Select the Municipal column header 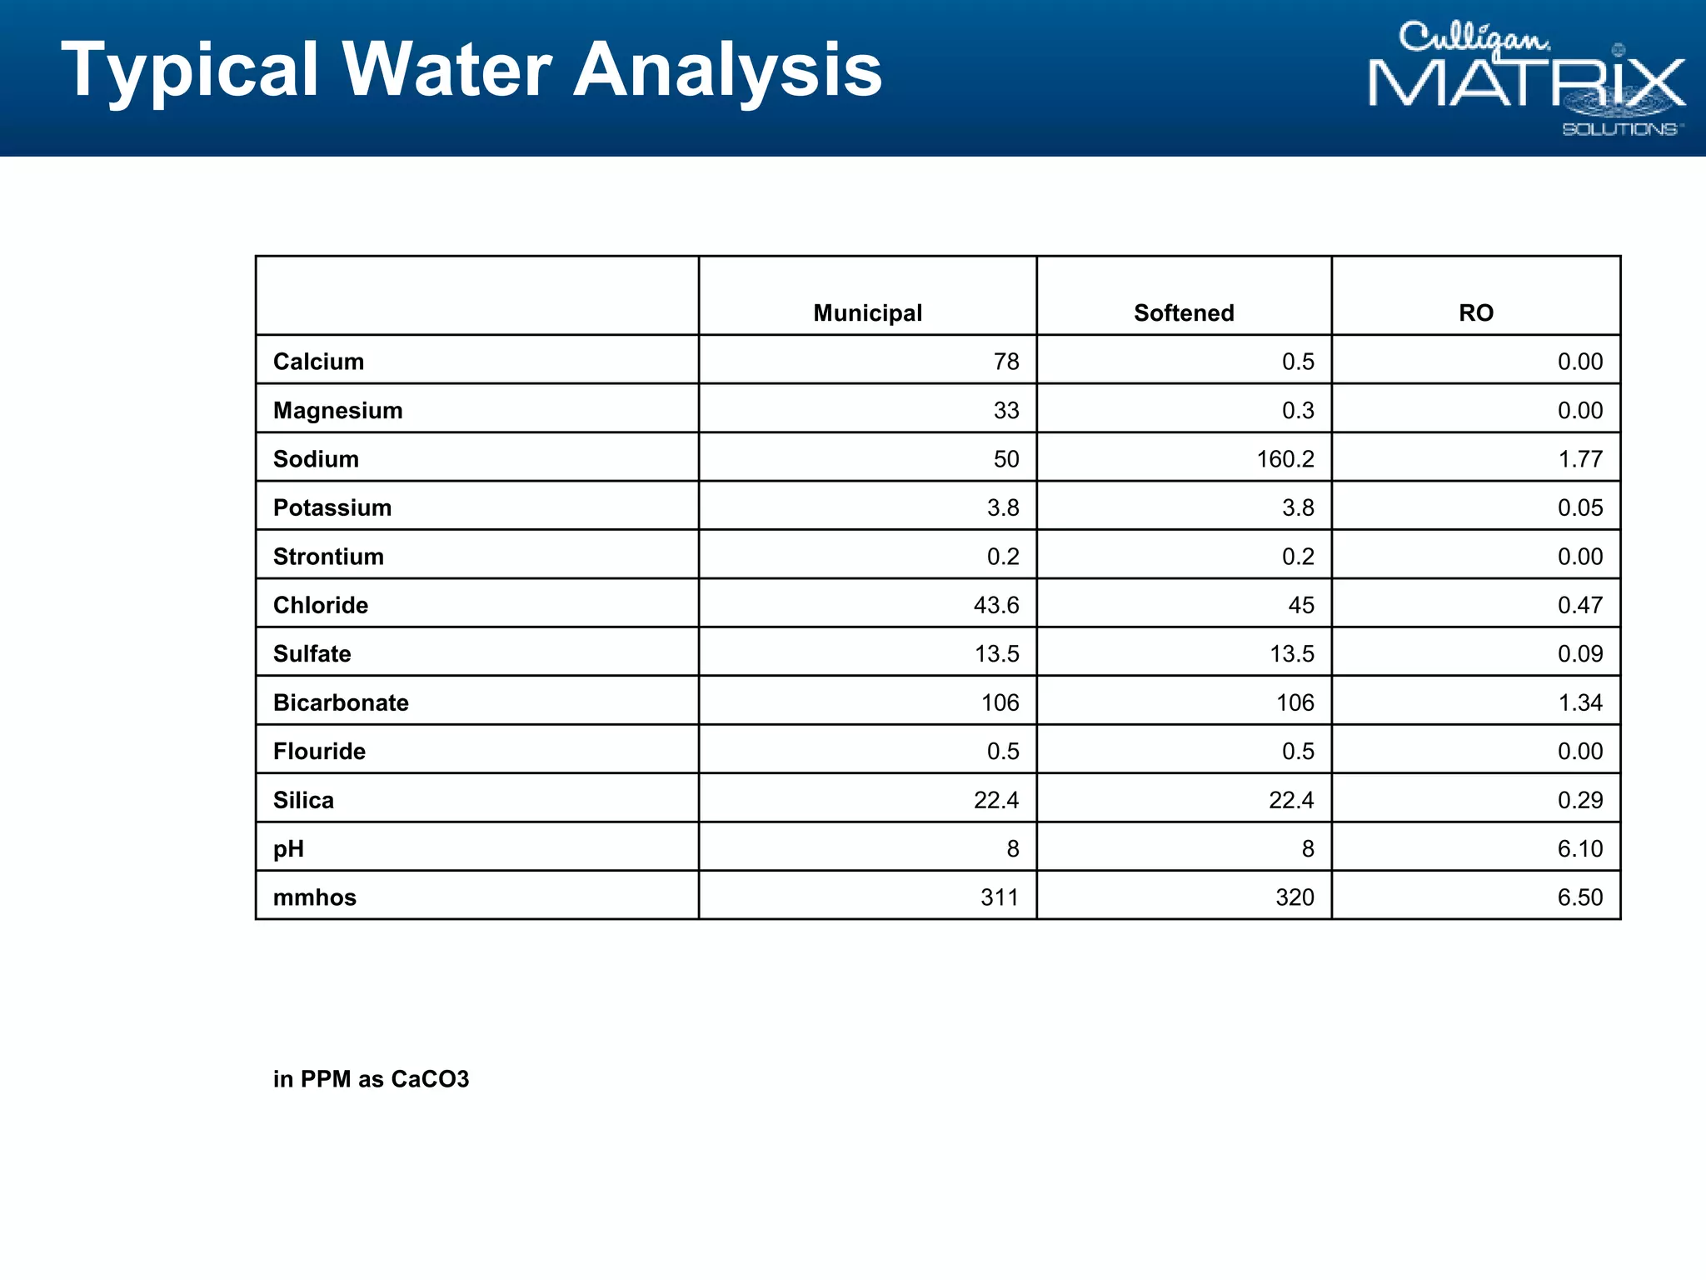point(867,313)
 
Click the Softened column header point(1184,313)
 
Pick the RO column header point(1475,313)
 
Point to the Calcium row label point(318,362)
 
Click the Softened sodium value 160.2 point(1285,459)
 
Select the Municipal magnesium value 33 point(1006,411)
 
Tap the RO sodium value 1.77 point(1579,459)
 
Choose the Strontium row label point(328,557)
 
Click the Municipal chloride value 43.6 point(996,605)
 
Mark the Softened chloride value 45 point(1301,605)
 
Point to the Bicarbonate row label point(341,702)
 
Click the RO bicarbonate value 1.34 point(1579,702)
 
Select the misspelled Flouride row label point(319,752)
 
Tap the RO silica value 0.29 point(1579,800)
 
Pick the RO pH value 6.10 point(1579,849)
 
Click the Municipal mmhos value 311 point(1000,897)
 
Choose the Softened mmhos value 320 point(1294,897)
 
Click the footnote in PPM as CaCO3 point(371,1079)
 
